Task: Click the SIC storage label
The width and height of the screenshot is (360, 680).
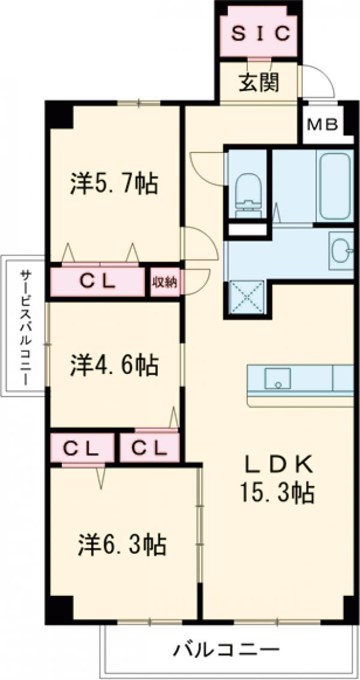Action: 260,34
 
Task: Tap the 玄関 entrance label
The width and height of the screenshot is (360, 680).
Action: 260,82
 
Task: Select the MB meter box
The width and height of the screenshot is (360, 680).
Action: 323,125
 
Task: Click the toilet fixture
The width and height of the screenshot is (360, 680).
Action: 247,193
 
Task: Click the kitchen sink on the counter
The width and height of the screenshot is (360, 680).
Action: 277,378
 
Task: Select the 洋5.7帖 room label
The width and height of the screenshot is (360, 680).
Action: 114,183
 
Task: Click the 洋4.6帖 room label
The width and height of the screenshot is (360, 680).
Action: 114,364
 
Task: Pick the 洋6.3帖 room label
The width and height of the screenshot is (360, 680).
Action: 122,544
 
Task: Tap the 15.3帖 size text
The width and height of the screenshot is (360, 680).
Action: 278,493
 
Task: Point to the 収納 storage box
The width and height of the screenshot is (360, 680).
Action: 164,282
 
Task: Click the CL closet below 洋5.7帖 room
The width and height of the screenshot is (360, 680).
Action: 98,282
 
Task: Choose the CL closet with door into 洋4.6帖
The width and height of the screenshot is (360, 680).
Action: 149,447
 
